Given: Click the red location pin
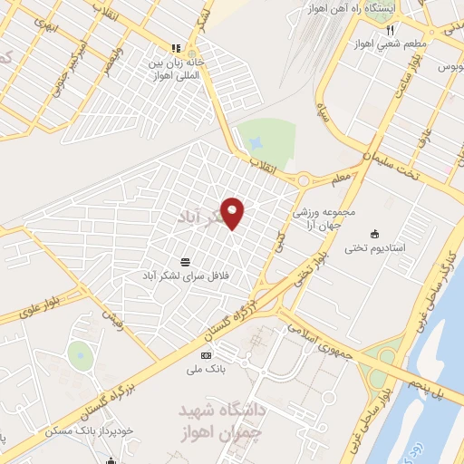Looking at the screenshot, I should tap(233, 212).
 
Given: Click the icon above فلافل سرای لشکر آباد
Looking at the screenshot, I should tap(186, 260).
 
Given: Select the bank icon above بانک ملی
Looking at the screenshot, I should tap(207, 355).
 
